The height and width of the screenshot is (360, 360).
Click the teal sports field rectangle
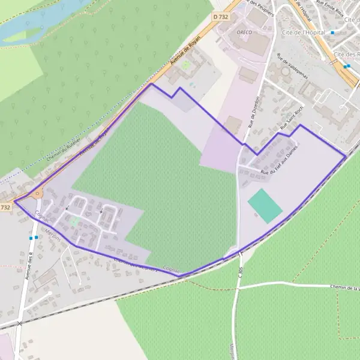coord(265,206)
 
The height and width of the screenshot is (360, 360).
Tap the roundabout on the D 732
coord(38,193)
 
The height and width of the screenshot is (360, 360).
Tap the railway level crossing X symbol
coord(19,323)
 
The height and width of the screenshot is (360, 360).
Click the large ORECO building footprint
coord(252,42)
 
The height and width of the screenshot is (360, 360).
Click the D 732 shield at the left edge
coord(5,207)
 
